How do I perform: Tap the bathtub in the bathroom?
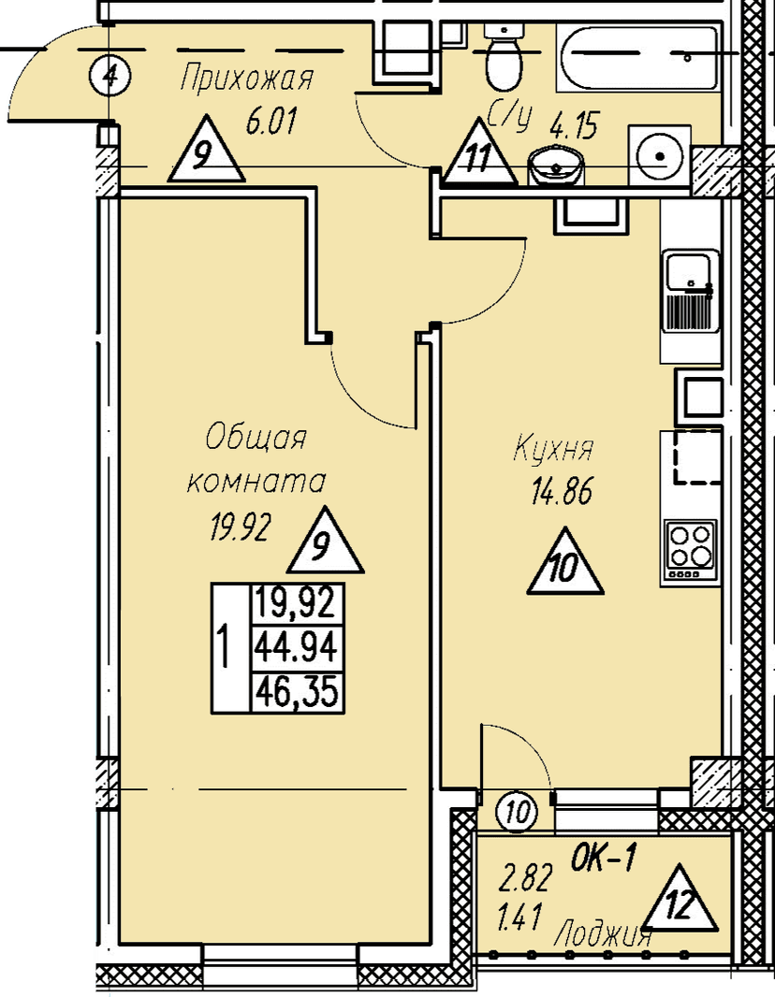point(638,57)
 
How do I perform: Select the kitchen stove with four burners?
point(691,551)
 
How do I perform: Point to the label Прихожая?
point(247,79)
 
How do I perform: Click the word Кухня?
point(553,448)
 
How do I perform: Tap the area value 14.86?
point(562,492)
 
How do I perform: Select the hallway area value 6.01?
point(271,121)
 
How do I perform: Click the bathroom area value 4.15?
point(574,127)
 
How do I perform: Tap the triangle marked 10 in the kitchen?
point(565,563)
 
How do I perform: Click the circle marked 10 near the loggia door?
point(519,812)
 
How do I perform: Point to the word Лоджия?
point(603,936)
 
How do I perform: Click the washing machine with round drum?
point(659,156)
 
